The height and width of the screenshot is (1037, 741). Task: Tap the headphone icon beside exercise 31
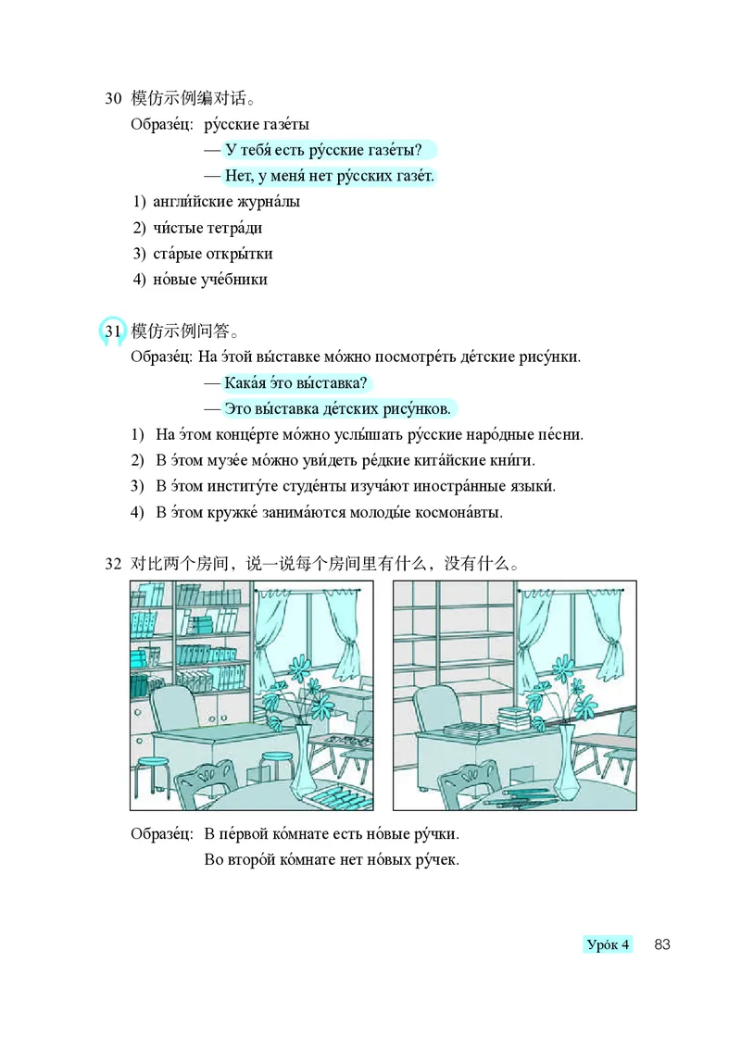[112, 331]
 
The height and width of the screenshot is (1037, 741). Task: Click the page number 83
[661, 944]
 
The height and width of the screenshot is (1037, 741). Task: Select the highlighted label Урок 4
[609, 944]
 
